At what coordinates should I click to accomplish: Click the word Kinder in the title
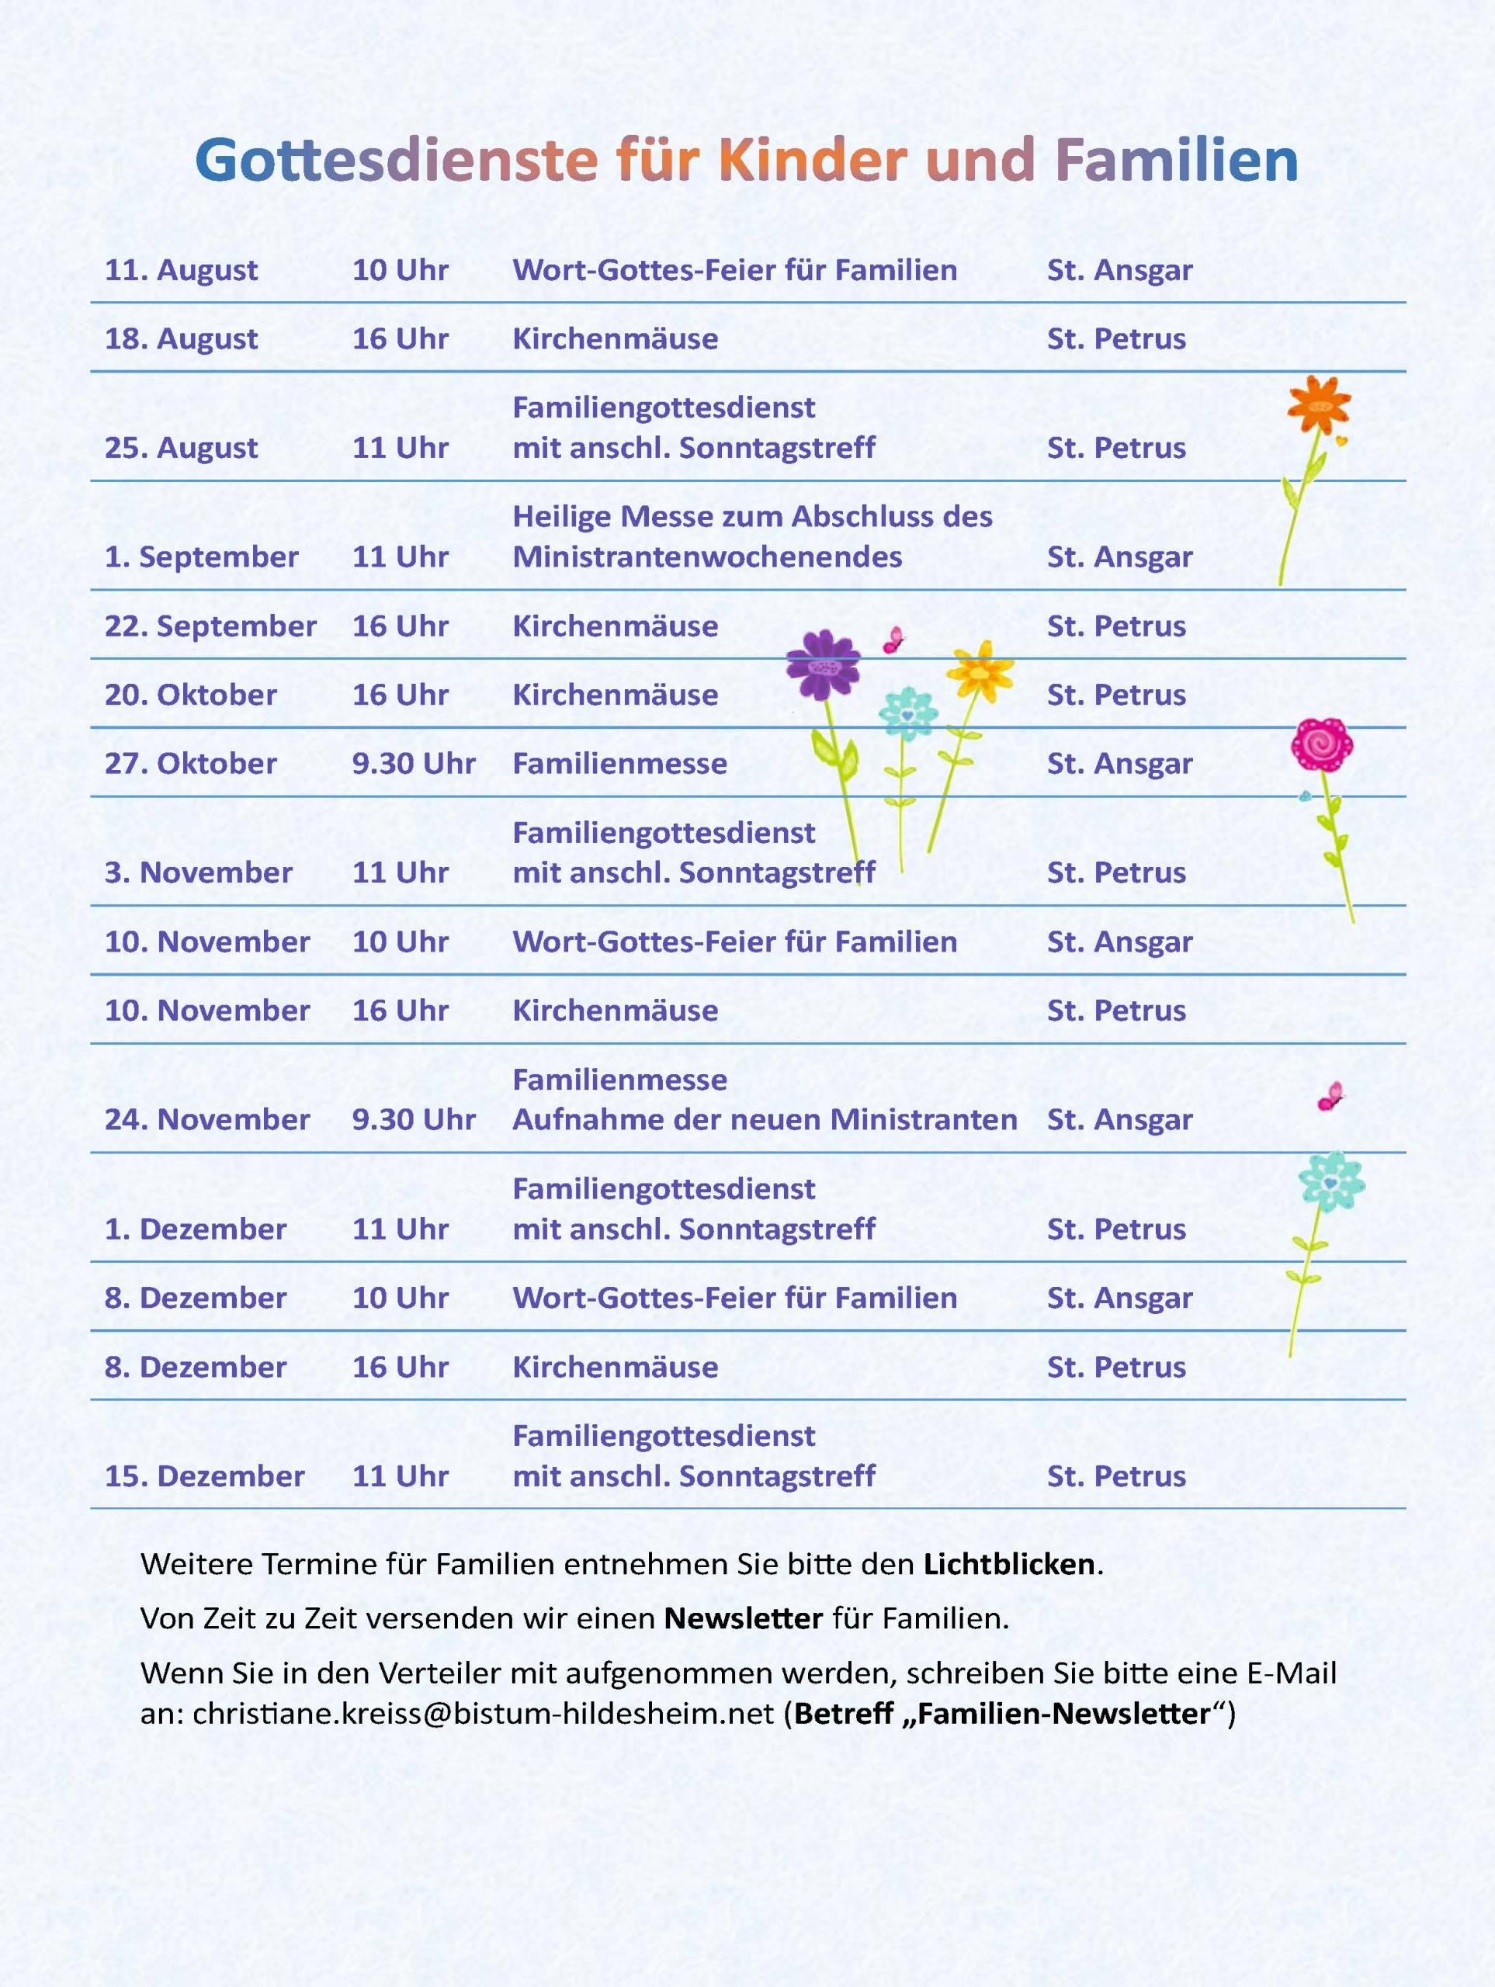[814, 161]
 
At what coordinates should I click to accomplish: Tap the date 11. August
[181, 270]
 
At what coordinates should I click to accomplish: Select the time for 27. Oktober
[413, 764]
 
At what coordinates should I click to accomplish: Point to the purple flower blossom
[822, 664]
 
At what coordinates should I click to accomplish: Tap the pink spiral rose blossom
[1322, 744]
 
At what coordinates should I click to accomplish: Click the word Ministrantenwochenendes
[707, 557]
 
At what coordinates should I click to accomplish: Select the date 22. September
[210, 626]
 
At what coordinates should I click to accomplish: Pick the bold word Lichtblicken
[1009, 1564]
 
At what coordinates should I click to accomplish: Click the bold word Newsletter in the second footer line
[743, 1618]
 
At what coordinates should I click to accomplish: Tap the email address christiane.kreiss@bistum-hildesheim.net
[484, 1713]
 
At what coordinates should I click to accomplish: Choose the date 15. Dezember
[204, 1476]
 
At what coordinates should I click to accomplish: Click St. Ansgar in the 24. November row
[1119, 1119]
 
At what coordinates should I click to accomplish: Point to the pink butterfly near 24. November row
[1330, 1096]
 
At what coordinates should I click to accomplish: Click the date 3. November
[198, 872]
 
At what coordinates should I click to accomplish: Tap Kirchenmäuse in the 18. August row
[615, 338]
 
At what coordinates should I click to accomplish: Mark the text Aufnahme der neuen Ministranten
[765, 1119]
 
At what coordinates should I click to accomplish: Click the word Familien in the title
[1176, 161]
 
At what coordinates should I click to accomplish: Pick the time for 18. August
[400, 338]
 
